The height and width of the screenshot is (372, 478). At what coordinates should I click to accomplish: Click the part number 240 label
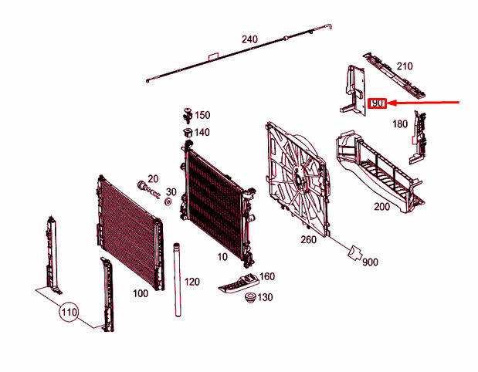coord(249,39)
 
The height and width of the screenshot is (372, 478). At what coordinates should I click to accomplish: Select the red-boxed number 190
coord(377,103)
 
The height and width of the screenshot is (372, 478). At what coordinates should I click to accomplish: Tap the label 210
coord(405,66)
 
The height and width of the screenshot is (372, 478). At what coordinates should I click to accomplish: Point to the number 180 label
coord(400,124)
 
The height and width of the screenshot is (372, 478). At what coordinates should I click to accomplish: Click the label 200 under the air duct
coord(381,207)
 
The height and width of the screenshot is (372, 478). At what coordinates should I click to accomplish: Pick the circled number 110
coord(69,313)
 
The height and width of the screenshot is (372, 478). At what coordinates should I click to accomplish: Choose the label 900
coord(370,262)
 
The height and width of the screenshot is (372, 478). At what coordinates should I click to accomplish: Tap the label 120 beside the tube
coord(192,282)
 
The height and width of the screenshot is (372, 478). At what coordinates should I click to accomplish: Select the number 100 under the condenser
coord(141,293)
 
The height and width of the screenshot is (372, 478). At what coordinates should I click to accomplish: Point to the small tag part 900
coord(354,252)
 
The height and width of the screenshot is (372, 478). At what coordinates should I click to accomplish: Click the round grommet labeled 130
coord(249,297)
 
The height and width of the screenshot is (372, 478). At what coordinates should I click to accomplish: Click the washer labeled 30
coord(168,201)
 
